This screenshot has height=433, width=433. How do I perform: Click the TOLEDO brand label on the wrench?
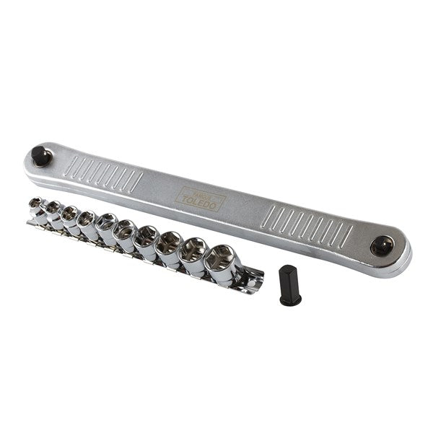tap(201, 196)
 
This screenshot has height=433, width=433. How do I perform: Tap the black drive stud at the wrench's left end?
tap(41, 155)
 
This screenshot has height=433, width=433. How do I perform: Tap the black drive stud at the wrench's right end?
tap(381, 246)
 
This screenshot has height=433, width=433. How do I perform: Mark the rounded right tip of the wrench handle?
tap(404, 254)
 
